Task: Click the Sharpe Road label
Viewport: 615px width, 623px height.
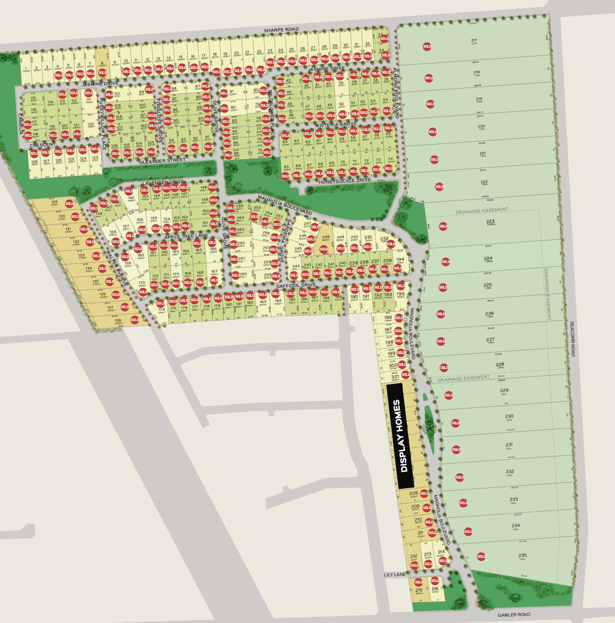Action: tap(281, 30)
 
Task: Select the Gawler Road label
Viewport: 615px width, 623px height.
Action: tap(514, 615)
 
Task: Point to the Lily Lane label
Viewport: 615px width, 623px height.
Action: tap(395, 575)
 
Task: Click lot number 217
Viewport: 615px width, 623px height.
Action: tap(474, 41)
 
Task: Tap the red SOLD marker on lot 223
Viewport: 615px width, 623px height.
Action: tap(443, 226)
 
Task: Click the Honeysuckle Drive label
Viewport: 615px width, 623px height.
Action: tap(345, 180)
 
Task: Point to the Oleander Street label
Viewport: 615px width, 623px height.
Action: tap(162, 161)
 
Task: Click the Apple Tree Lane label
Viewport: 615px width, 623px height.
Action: tap(186, 236)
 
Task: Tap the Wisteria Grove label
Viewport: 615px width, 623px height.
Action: tap(336, 125)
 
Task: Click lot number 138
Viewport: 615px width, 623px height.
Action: tap(118, 321)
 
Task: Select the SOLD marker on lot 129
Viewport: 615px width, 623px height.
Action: tap(69, 203)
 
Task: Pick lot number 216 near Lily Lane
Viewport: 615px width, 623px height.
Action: tap(435, 589)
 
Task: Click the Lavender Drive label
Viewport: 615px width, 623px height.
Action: tap(163, 182)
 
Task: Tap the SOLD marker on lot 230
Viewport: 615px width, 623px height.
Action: tap(455, 423)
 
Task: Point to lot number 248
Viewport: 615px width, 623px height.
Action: tap(326, 237)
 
